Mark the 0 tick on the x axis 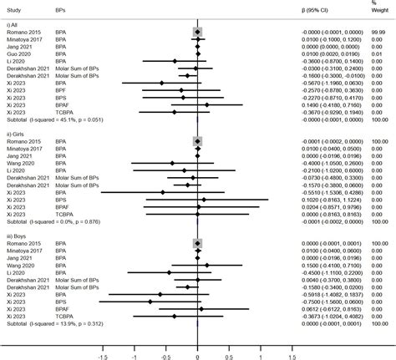coord(198,352)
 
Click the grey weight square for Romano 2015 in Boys coord(198,243)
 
